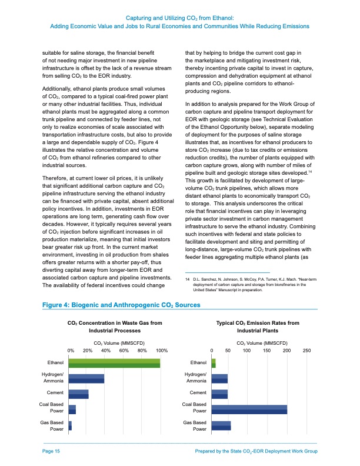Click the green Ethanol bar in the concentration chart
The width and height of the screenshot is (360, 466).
pos(115,363)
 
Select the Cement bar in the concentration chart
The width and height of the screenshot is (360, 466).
pos(79,394)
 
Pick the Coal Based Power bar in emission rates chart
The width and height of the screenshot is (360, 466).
pos(249,410)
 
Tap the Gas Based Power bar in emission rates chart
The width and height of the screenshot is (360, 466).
pos(221,425)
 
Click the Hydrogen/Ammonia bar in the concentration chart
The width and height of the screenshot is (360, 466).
pos(86,379)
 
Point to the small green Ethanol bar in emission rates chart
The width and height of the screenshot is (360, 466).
pos(214,363)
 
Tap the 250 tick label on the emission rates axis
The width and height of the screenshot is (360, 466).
pos(306,351)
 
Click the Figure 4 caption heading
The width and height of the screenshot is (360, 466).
pos(121,305)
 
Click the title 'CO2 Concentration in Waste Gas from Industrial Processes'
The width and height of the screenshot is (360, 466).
pos(115,327)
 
